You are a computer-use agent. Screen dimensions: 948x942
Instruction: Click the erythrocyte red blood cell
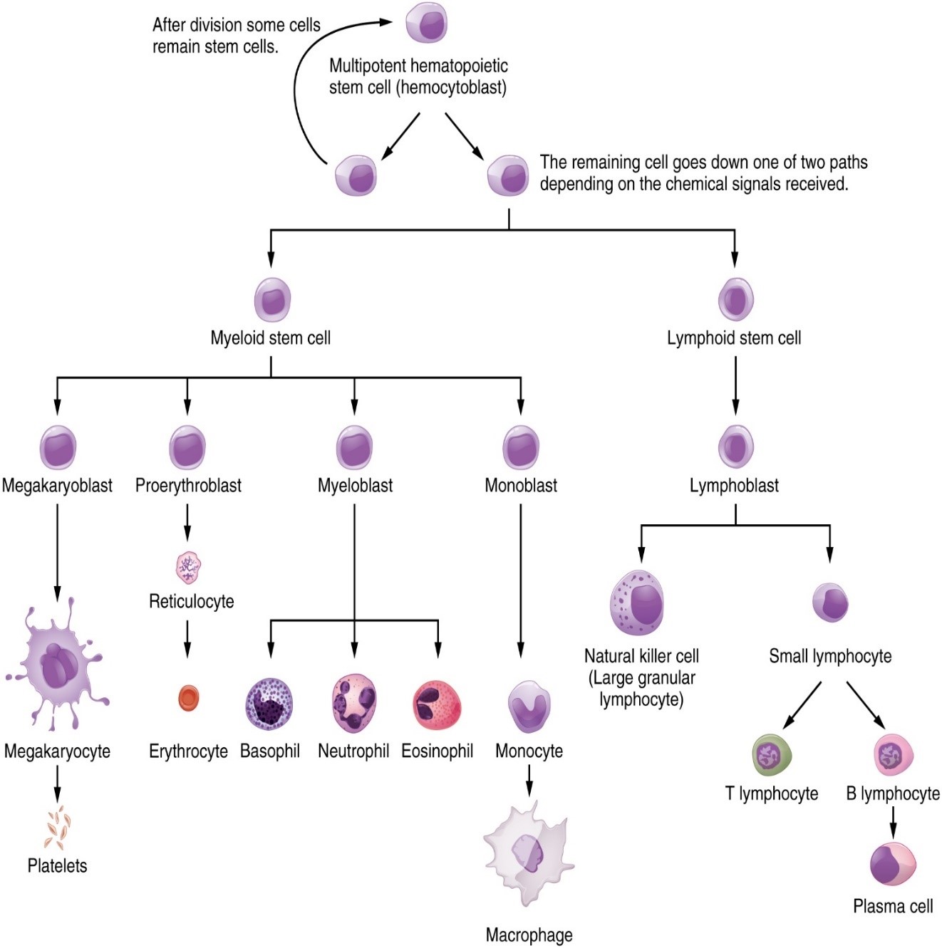click(189, 698)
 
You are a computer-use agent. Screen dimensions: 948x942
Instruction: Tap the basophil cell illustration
click(269, 704)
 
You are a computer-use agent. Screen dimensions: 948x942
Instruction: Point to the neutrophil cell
click(354, 704)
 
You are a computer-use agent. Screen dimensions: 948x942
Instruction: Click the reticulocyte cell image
click(189, 568)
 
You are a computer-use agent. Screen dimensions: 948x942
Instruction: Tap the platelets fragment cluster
click(57, 828)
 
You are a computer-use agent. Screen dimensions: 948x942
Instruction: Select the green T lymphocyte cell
click(772, 755)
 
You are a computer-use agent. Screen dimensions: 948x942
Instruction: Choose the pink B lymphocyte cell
click(893, 755)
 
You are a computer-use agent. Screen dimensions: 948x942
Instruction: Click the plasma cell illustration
click(893, 863)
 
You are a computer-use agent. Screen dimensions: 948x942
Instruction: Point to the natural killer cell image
click(637, 603)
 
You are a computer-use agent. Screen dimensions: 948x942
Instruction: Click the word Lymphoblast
click(734, 486)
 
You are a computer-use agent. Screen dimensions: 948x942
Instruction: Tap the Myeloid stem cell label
click(270, 338)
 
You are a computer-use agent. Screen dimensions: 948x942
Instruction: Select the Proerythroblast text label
click(188, 486)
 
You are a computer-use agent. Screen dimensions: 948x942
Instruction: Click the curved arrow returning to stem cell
click(298, 85)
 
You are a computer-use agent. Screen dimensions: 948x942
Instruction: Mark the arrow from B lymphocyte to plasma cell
click(893, 823)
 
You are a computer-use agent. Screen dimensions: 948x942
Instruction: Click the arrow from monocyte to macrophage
click(529, 781)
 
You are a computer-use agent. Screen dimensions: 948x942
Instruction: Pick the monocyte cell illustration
click(529, 705)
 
